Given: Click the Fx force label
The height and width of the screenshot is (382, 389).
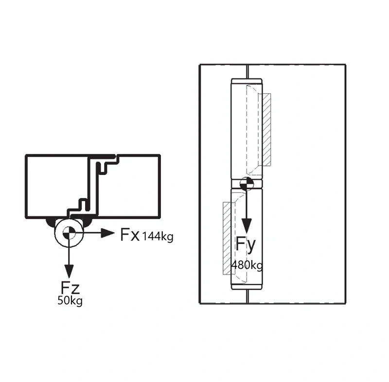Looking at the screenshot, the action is pos(130,235).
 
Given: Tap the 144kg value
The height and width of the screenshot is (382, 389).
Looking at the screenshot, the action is pos(158,237).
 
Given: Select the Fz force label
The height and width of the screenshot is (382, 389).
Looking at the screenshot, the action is pos(70,288).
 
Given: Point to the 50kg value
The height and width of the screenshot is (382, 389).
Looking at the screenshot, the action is pos(70,301).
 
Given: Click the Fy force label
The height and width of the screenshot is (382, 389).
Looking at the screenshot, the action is pos(246,245).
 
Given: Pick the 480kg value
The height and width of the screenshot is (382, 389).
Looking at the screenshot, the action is pos(247,265).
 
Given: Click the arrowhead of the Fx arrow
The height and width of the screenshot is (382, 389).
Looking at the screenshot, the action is pos(108,233).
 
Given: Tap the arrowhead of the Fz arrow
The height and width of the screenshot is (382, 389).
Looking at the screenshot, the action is pos(69,271).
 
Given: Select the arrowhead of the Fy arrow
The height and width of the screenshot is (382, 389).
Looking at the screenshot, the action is pos(247,226).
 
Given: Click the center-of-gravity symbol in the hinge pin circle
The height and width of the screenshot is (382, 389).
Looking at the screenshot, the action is pos(69,233).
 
